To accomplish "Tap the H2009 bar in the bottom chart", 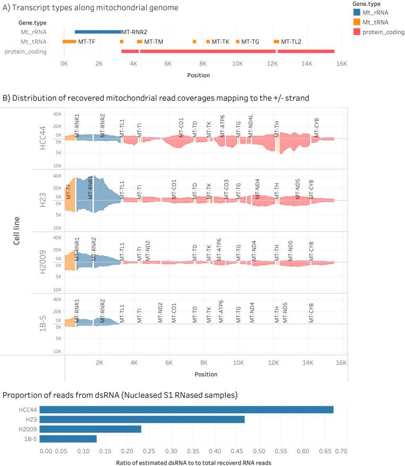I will (x=90, y=429).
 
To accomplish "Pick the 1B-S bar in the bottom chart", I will (x=68, y=439).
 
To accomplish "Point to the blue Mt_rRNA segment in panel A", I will (x=98, y=32).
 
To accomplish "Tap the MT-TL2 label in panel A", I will (x=291, y=42).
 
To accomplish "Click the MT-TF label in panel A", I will (x=86, y=42).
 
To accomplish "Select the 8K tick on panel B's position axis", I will (x=204, y=362).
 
